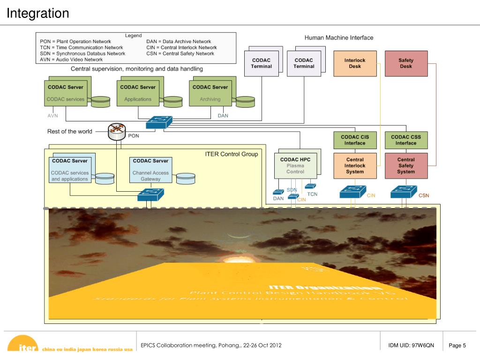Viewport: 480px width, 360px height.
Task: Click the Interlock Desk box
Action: pyautogui.click(x=355, y=63)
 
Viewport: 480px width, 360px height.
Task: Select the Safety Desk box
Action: pyautogui.click(x=406, y=63)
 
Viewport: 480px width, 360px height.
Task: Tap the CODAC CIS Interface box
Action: pyautogui.click(x=355, y=140)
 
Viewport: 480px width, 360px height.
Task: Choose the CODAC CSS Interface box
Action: pyautogui.click(x=406, y=140)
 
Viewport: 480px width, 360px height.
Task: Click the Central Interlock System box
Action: pyautogui.click(x=355, y=165)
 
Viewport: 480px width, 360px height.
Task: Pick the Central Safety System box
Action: pyautogui.click(x=406, y=165)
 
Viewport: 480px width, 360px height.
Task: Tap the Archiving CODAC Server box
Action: pyautogui.click(x=210, y=93)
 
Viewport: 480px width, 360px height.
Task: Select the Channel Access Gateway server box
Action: pyautogui.click(x=150, y=170)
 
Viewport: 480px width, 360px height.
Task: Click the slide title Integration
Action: pyautogui.click(x=38, y=14)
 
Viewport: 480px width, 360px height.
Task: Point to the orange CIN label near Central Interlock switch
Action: pyautogui.click(x=371, y=195)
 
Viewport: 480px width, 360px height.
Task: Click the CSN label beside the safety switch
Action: pyautogui.click(x=424, y=195)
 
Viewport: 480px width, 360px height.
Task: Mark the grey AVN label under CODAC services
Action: pyautogui.click(x=53, y=115)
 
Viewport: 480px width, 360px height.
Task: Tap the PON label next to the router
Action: pyautogui.click(x=134, y=136)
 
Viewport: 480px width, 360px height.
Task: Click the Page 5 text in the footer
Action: pyautogui.click(x=457, y=346)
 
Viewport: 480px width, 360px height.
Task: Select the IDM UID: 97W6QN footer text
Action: pyautogui.click(x=411, y=346)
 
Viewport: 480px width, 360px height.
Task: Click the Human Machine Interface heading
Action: pyautogui.click(x=339, y=37)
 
